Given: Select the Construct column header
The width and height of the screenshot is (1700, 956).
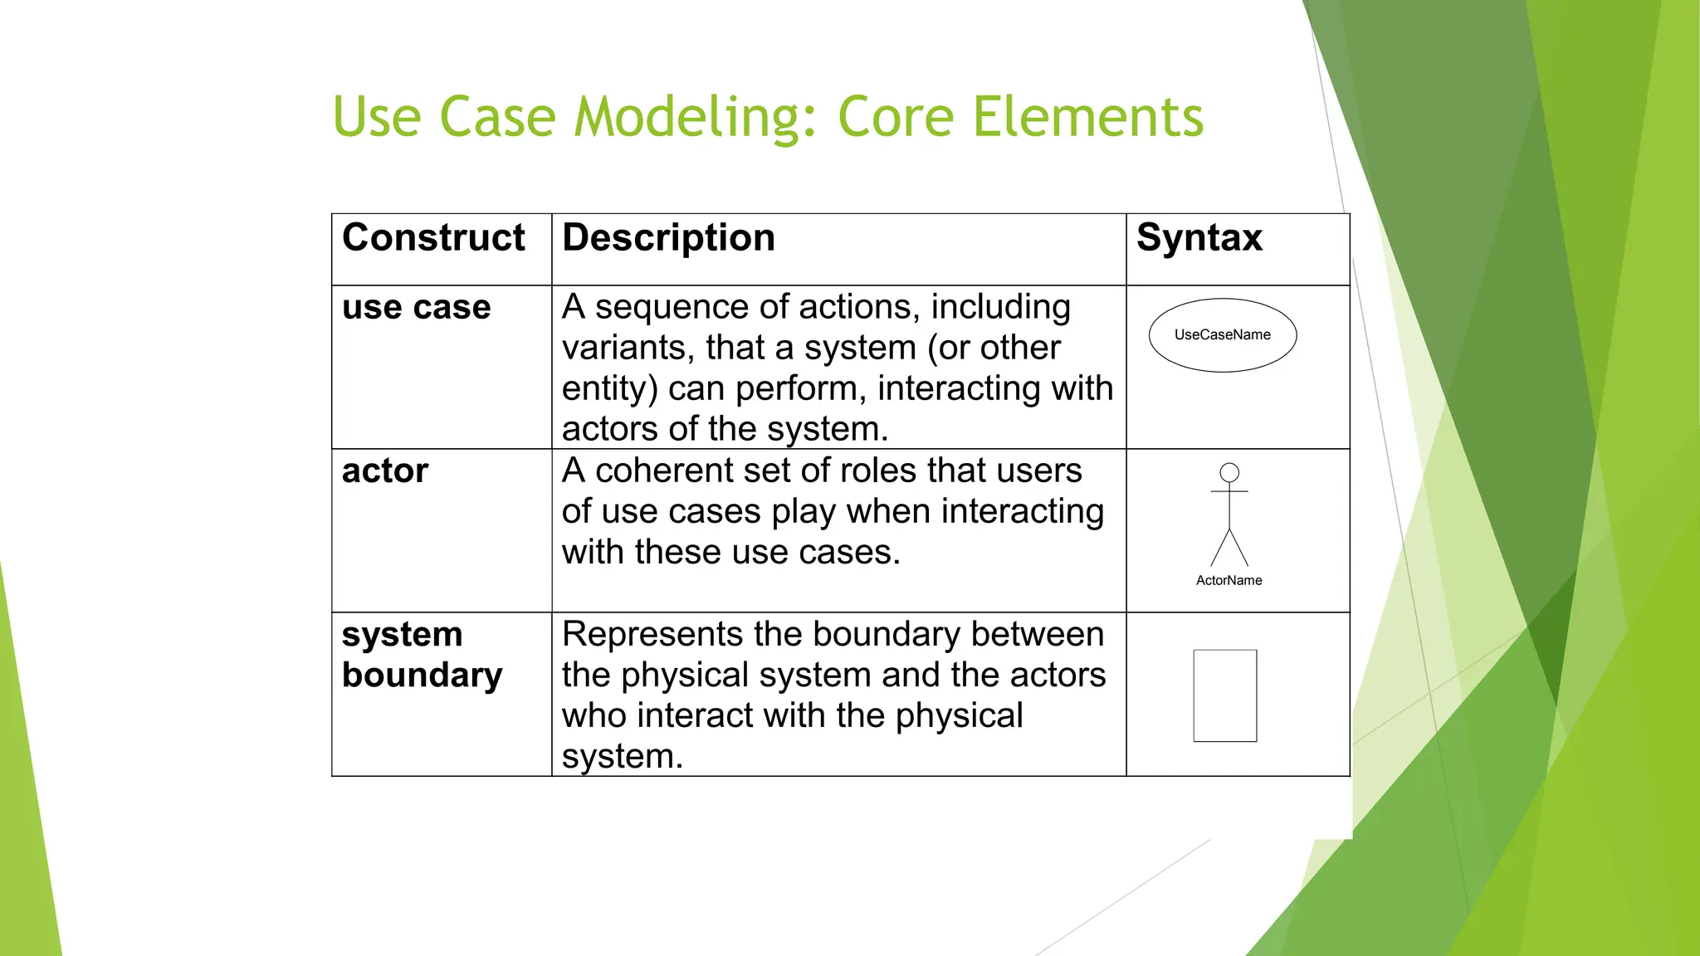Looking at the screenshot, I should coord(433,238).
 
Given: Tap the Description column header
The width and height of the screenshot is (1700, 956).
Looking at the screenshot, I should coord(668,238).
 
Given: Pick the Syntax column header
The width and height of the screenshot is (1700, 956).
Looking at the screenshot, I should coord(1199,238).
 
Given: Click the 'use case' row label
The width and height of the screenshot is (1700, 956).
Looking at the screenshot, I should coord(416,307).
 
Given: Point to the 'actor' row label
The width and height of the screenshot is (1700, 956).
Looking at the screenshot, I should coord(385,471).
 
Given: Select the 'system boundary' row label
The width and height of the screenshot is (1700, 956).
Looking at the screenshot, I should coord(422,655).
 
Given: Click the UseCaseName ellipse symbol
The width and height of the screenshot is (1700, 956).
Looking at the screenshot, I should coord(1222,335).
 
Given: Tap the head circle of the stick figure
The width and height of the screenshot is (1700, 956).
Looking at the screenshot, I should coord(1229,472).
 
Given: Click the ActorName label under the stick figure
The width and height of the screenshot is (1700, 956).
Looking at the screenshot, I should coord(1229,581).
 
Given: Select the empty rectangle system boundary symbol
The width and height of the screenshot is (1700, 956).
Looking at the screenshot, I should coord(1224,695).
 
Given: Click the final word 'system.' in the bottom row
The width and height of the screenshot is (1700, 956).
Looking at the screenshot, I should coord(622,757).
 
